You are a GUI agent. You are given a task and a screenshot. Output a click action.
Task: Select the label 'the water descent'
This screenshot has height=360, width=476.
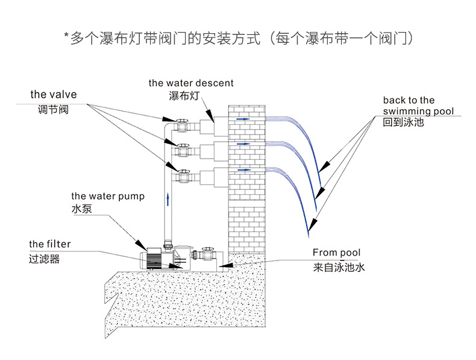pyautogui.click(x=191, y=83)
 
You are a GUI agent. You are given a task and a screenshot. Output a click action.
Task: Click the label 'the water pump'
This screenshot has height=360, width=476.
pyautogui.click(x=108, y=196)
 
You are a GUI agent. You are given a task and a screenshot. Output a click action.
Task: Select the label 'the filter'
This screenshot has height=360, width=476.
pyautogui.click(x=49, y=244)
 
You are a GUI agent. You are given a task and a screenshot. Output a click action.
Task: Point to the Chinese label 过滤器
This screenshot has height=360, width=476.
pyautogui.click(x=43, y=259)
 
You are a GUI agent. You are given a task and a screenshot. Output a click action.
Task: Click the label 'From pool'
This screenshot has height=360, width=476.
pyautogui.click(x=336, y=253)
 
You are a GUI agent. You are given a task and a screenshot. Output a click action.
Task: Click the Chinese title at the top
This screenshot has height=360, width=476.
pyautogui.click(x=238, y=39)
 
